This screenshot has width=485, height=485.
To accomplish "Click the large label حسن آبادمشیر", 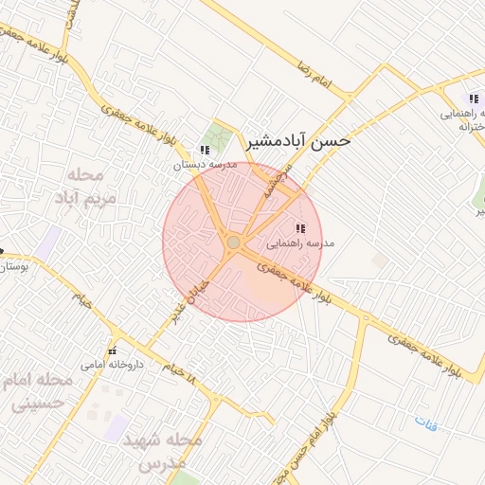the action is (x=297, y=141).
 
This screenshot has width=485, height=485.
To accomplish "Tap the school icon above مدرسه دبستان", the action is (x=205, y=150).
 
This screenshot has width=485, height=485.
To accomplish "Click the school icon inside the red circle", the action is (x=300, y=228).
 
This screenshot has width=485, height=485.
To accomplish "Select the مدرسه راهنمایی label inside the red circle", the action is (x=303, y=243).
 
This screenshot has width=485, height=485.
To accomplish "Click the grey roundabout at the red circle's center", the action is (x=234, y=243).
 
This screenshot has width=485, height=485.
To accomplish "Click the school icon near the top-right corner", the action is (x=474, y=99).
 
